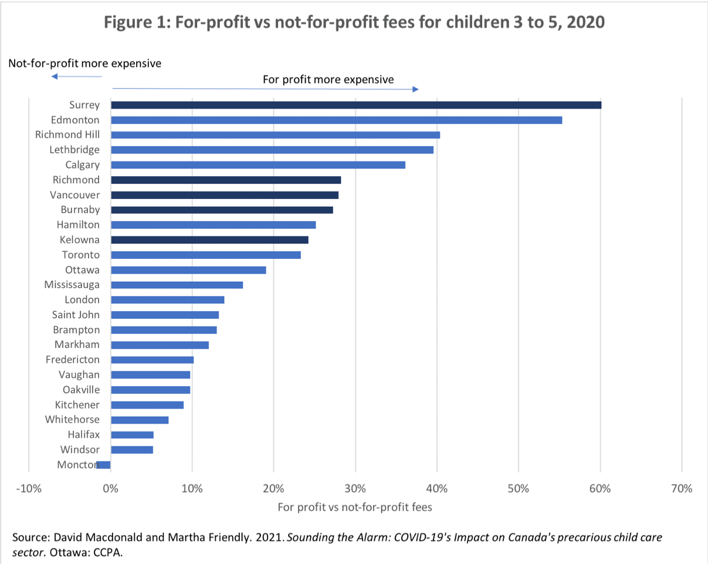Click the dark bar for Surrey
[x=356, y=105]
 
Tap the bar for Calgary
[x=258, y=165]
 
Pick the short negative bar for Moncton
[x=104, y=465]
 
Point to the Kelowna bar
[x=209, y=240]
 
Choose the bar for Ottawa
[x=188, y=270]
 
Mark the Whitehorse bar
[x=140, y=420]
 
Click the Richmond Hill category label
[x=67, y=135]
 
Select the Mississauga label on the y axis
[x=72, y=285]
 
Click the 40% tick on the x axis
[x=437, y=488]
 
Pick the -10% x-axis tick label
[x=29, y=488]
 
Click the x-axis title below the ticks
[x=355, y=507]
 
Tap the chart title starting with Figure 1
[x=354, y=23]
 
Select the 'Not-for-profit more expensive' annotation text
[x=84, y=63]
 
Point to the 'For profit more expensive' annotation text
[x=328, y=79]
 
